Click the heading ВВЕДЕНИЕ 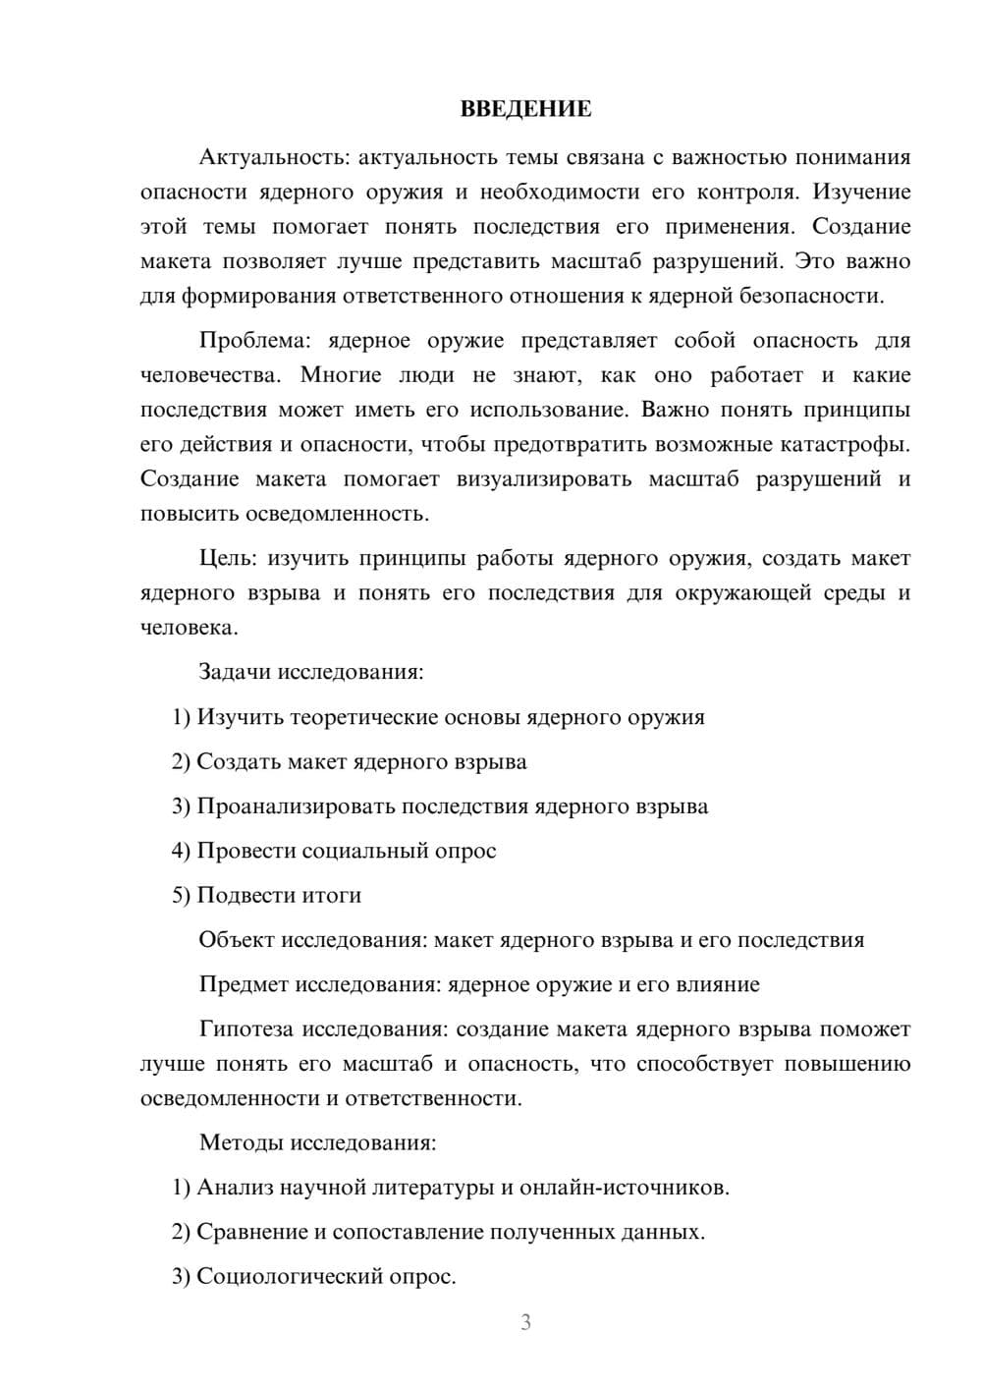(525, 109)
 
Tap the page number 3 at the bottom (525, 1322)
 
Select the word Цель (228, 559)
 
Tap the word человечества (211, 376)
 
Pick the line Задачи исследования (311, 673)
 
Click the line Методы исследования (317, 1143)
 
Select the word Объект (237, 940)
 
